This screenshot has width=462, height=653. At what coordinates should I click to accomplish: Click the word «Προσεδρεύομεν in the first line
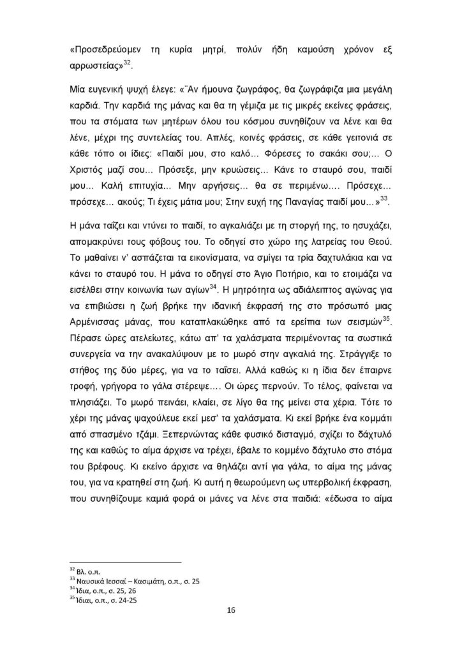click(x=105, y=50)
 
